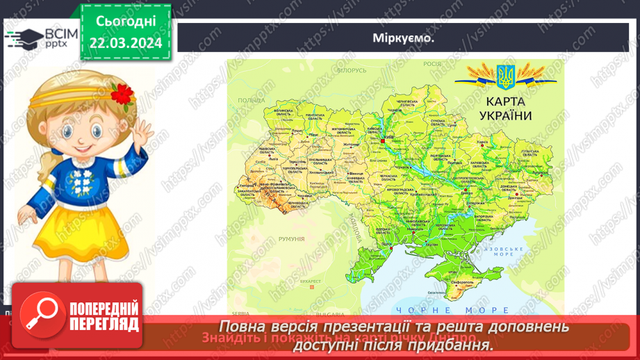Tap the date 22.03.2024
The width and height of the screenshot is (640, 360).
click(126, 43)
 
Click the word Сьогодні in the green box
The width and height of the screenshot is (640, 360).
click(126, 21)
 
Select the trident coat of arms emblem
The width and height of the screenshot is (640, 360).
click(504, 77)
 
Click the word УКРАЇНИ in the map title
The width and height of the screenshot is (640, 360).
click(504, 116)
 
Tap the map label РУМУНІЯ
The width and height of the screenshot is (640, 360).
click(290, 239)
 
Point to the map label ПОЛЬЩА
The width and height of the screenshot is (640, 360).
click(251, 101)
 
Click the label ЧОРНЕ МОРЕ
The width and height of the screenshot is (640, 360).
click(452, 311)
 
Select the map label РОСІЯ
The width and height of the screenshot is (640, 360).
click(432, 63)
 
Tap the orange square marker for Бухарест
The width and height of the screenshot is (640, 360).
click(312, 287)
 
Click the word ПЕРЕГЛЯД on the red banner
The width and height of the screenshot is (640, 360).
click(103, 324)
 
